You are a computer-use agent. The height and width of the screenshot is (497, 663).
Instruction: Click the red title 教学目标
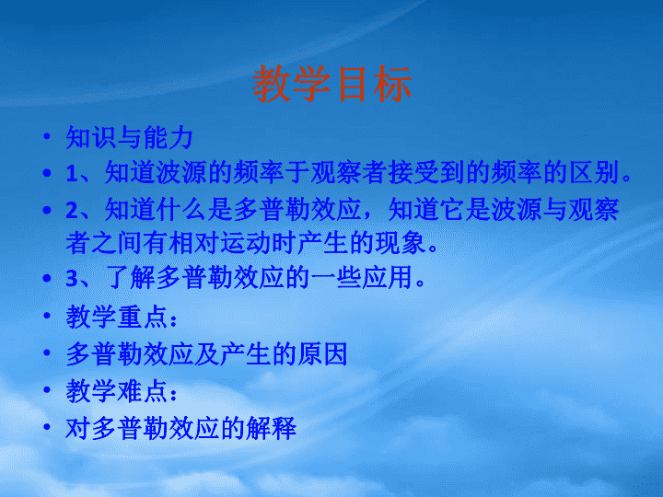(331, 83)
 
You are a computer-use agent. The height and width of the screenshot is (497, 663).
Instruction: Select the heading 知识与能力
(130, 138)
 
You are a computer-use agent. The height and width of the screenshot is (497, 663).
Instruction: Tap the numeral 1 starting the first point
(72, 173)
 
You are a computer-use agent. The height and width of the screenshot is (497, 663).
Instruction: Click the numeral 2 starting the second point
(73, 210)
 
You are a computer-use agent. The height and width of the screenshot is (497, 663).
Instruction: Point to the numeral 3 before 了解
(73, 278)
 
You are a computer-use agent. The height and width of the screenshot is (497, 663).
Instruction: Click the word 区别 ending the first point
(595, 172)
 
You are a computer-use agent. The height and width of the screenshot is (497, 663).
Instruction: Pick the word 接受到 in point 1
(426, 172)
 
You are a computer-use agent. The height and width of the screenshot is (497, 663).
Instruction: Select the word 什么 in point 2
(181, 210)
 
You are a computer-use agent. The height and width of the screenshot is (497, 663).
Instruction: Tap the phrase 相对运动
(220, 243)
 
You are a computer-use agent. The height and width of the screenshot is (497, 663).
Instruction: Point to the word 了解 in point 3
(130, 278)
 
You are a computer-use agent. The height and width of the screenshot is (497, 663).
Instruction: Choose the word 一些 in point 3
(336, 278)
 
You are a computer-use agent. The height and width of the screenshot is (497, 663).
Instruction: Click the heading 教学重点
(117, 317)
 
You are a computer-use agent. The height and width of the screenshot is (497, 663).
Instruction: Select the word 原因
(322, 353)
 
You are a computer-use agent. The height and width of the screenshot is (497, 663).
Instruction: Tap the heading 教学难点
(117, 391)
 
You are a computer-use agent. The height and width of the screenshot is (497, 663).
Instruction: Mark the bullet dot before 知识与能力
(47, 136)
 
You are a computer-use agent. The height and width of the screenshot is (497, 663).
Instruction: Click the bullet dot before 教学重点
(47, 316)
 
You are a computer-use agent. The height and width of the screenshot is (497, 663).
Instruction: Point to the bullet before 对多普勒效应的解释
(47, 427)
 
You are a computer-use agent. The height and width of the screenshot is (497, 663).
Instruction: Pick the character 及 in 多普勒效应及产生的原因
(207, 353)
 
